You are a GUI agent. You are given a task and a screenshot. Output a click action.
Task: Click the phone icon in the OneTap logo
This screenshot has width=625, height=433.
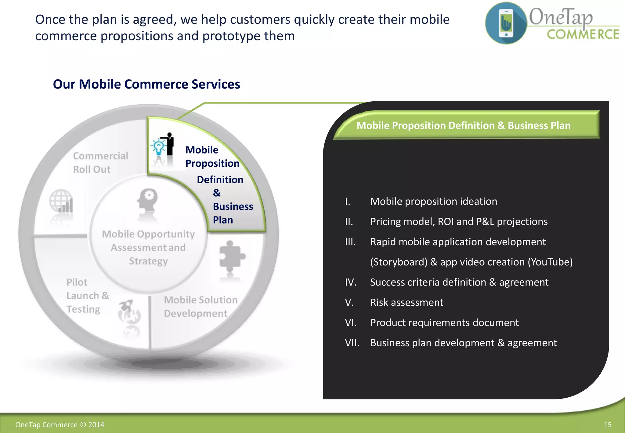pyautogui.click(x=506, y=23)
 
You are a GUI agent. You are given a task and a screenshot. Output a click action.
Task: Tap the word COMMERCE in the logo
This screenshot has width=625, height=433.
pyautogui.click(x=583, y=35)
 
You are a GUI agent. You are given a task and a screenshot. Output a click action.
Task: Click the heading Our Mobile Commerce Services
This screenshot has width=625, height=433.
pyautogui.click(x=146, y=84)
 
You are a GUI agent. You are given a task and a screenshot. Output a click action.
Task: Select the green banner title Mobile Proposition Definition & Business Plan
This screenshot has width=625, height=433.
pyautogui.click(x=463, y=126)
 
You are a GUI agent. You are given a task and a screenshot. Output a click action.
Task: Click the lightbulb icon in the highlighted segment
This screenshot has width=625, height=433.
pyautogui.click(x=159, y=147)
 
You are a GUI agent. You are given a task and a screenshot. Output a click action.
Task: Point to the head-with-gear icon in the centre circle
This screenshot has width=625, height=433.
pyautogui.click(x=147, y=200)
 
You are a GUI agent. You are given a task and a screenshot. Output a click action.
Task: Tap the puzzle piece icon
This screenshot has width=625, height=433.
pyautogui.click(x=231, y=256)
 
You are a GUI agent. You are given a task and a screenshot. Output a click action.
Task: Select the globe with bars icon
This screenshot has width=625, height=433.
pyautogui.click(x=62, y=201)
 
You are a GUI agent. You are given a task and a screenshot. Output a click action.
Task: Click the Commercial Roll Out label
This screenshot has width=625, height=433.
pyautogui.click(x=100, y=162)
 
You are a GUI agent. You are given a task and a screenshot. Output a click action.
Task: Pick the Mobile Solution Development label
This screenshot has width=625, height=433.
pyautogui.click(x=200, y=307)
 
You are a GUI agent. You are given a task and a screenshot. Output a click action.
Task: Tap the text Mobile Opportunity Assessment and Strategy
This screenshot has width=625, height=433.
pyautogui.click(x=148, y=247)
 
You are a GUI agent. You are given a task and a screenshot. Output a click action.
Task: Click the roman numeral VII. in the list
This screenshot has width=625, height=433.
pyautogui.click(x=352, y=343)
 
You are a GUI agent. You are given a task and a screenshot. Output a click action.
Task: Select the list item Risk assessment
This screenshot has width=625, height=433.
pyautogui.click(x=406, y=302)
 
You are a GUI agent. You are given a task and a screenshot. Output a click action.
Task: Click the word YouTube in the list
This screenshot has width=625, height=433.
pyautogui.click(x=550, y=262)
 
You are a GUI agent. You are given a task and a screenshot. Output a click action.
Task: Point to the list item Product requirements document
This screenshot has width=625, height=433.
pyautogui.click(x=444, y=323)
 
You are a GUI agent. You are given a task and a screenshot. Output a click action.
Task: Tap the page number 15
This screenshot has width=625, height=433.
pyautogui.click(x=607, y=425)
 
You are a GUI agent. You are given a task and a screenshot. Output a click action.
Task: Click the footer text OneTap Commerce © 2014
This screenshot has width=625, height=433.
pyautogui.click(x=60, y=425)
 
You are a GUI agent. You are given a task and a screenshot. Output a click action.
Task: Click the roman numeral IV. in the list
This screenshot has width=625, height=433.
pyautogui.click(x=351, y=282)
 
